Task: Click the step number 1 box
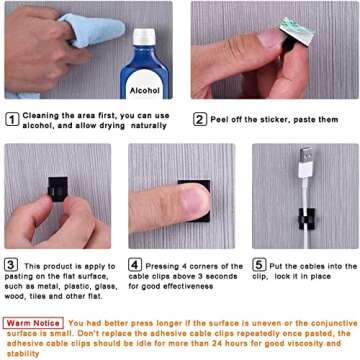[x=11, y=119]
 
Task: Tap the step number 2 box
[x=200, y=119]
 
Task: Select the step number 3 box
[x=11, y=265]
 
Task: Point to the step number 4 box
[x=135, y=265]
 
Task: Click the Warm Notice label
[x=33, y=322]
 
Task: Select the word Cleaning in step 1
[x=39, y=116]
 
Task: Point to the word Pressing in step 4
[x=162, y=265]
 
